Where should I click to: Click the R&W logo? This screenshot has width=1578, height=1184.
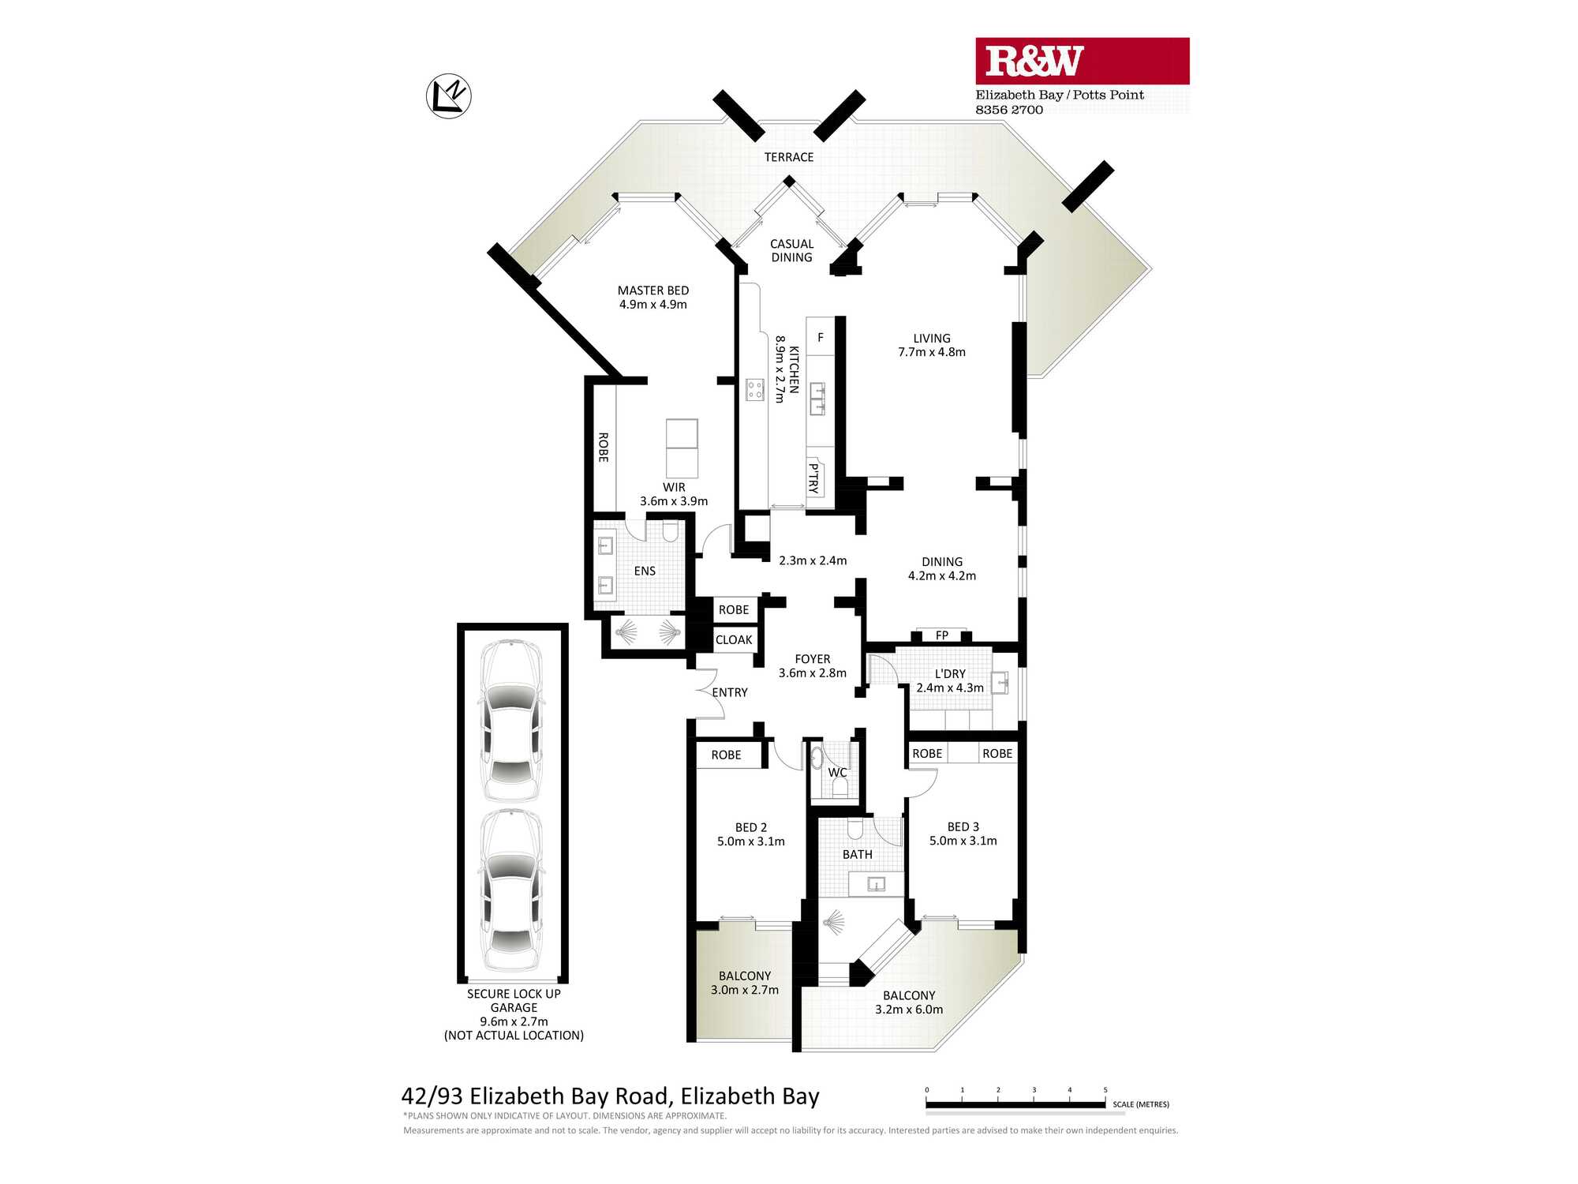tap(1082, 61)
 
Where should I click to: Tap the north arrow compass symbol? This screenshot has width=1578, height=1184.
tap(449, 96)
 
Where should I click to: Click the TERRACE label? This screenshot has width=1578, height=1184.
tap(789, 157)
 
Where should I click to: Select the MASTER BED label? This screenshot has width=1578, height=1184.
tap(653, 290)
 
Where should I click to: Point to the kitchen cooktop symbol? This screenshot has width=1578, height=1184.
tap(755, 389)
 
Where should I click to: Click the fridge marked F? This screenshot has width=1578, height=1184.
tap(821, 337)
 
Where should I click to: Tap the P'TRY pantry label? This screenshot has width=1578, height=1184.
tap(813, 478)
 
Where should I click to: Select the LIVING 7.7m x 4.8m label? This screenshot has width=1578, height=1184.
tap(932, 345)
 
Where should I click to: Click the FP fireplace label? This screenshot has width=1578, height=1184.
tap(942, 635)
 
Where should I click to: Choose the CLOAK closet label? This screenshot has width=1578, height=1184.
tap(734, 639)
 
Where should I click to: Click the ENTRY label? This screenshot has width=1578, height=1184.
tap(730, 692)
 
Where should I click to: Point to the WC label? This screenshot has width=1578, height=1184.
tap(837, 772)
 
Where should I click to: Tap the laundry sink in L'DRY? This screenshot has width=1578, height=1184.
tap(1000, 681)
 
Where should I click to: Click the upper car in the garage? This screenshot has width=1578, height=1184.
tap(512, 721)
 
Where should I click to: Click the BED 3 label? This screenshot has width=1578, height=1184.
tap(963, 826)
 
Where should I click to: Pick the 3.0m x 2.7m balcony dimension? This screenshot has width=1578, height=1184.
tap(745, 990)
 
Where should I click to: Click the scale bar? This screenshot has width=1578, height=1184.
tap(1015, 1104)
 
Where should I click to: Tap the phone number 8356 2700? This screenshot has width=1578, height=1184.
tap(1009, 110)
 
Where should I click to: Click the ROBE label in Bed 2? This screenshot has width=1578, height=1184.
tap(726, 755)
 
